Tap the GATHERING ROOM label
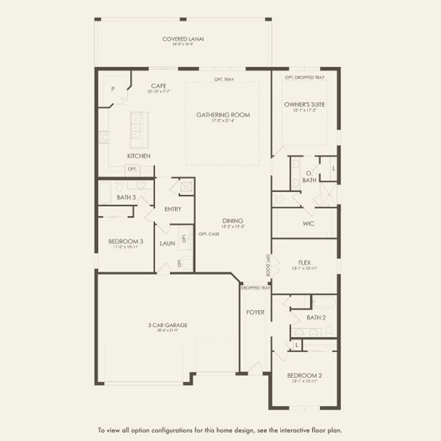click(223, 115)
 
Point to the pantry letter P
click(112, 88)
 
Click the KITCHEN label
click(139, 156)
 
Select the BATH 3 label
click(126, 196)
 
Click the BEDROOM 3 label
click(126, 241)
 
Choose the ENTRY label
click(173, 209)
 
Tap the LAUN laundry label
click(167, 243)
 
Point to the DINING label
click(234, 221)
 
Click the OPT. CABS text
click(208, 234)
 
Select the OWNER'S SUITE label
click(304, 104)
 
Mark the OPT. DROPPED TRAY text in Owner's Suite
click(304, 76)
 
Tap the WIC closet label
click(309, 223)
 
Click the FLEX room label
click(304, 262)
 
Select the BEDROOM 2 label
click(304, 376)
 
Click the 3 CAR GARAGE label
click(168, 324)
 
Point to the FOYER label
click(255, 312)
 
